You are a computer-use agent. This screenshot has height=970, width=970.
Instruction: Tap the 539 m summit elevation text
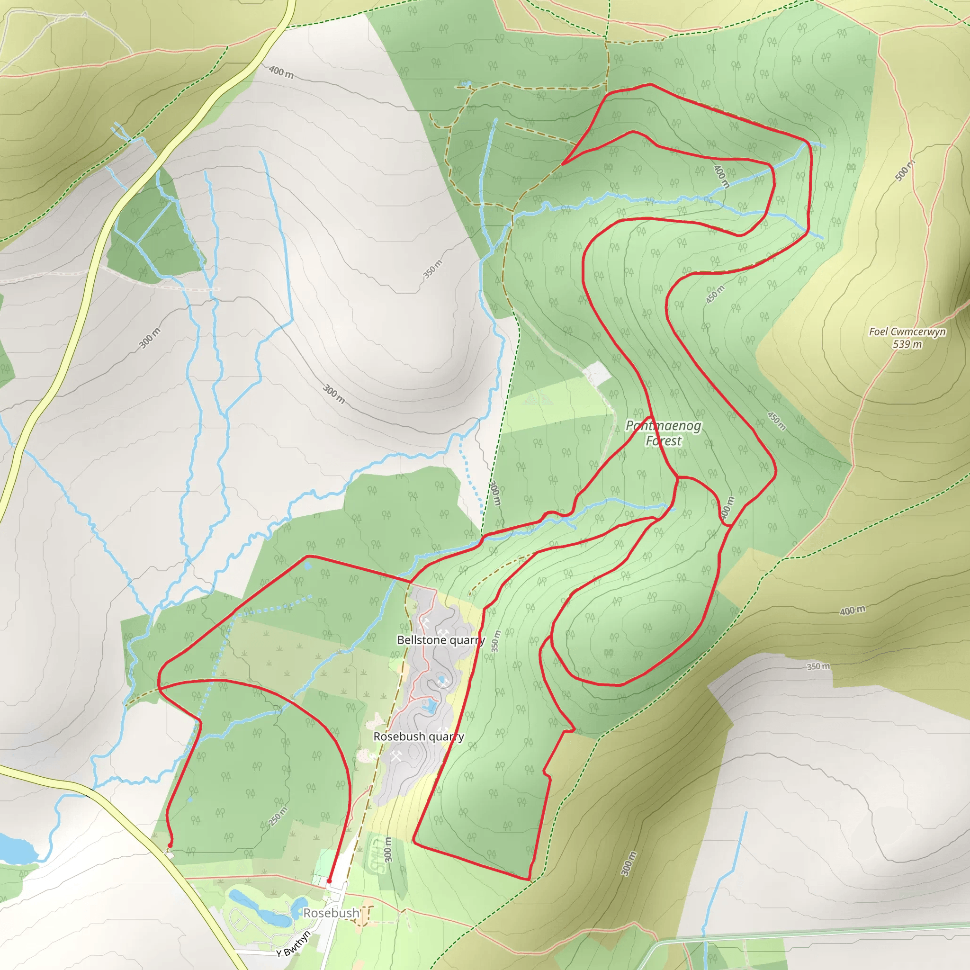click(907, 344)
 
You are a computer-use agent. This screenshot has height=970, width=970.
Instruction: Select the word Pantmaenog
click(663, 426)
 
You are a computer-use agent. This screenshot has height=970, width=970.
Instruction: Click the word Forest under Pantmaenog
click(663, 441)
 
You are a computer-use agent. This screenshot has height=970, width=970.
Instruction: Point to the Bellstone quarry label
click(441, 640)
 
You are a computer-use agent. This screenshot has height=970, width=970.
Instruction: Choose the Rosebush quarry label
click(419, 736)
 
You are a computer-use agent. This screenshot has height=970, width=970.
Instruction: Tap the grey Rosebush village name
click(332, 913)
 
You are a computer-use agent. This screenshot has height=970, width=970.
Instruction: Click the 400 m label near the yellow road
click(281, 72)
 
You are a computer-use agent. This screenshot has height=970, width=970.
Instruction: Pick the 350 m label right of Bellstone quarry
click(496, 641)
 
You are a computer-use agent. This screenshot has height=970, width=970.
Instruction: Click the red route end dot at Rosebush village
click(329, 881)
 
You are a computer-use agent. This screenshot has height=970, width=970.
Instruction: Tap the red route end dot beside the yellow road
click(170, 845)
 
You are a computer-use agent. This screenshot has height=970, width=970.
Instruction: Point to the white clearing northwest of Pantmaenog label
click(596, 374)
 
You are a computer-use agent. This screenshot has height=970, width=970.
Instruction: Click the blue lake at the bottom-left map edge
click(15, 847)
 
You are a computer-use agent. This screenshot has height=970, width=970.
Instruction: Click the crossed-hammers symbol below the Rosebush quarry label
click(396, 755)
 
